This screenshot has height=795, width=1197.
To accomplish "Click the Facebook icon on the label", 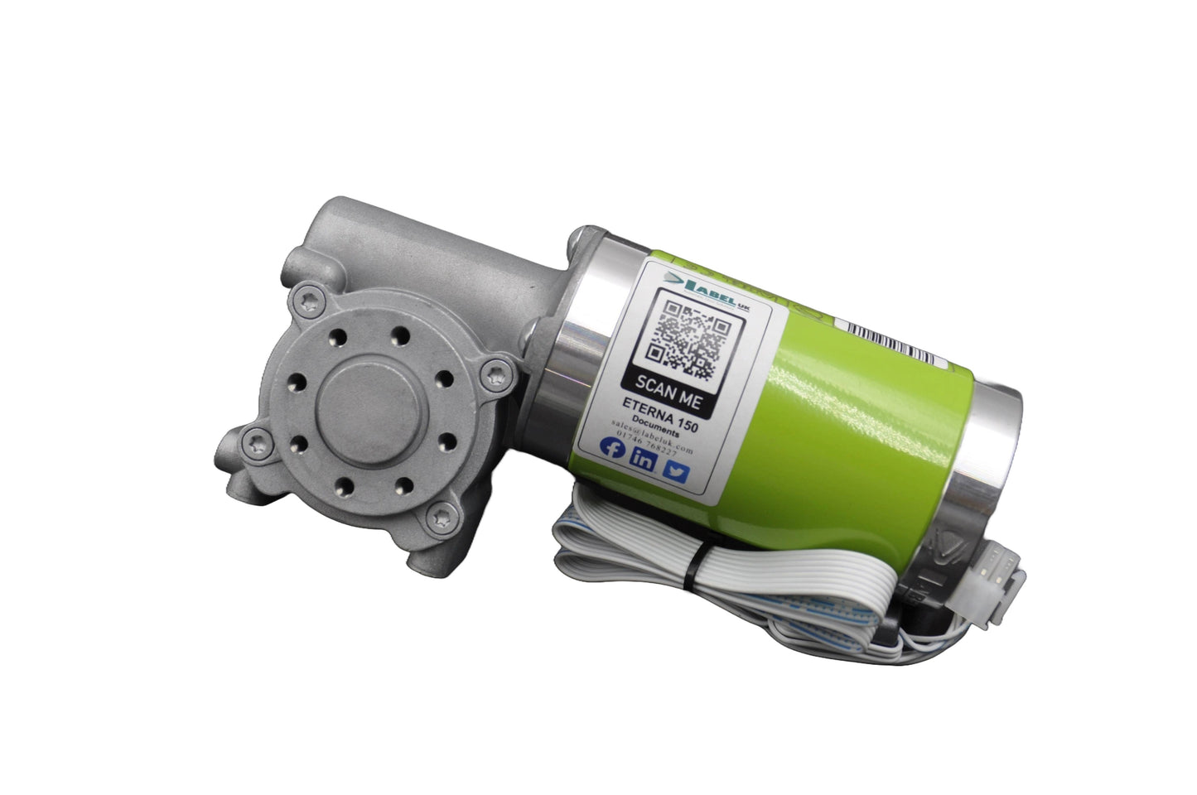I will (x=614, y=449).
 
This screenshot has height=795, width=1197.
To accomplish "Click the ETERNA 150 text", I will (x=661, y=412).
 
